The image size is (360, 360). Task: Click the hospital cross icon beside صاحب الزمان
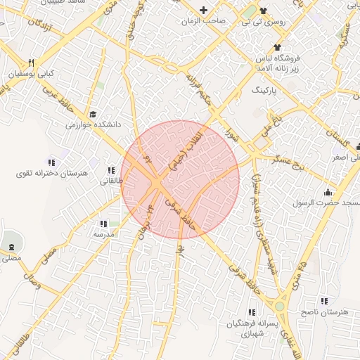pyautogui.click(x=204, y=10)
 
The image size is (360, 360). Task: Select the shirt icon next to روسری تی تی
pyautogui.click(x=264, y=10)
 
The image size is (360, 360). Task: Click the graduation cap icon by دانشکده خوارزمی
pyautogui.click(x=93, y=114)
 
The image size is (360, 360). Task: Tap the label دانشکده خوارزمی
pyautogui.click(x=94, y=124)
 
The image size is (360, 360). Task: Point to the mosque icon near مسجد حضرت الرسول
pyautogui.click(x=327, y=192)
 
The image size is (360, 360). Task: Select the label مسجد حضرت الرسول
pyautogui.click(x=326, y=202)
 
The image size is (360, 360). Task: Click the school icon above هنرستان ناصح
pyautogui.click(x=324, y=301)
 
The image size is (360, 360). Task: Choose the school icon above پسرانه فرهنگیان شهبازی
pyautogui.click(x=251, y=312)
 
